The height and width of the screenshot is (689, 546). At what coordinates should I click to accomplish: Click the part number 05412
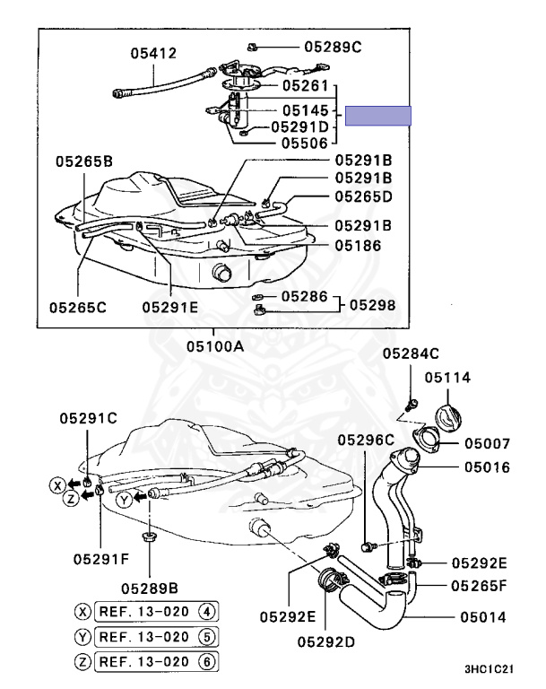[153, 54]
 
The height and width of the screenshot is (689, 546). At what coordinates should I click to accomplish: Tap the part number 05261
[308, 86]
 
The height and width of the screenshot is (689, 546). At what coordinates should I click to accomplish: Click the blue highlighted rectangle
[378, 116]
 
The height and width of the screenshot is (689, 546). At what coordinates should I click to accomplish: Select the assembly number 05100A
[214, 345]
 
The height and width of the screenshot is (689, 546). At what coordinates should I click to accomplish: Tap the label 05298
[372, 304]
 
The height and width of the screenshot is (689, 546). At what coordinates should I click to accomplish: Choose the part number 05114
[447, 378]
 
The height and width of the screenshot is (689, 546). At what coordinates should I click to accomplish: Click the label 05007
[487, 443]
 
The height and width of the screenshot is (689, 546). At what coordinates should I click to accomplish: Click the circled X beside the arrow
[56, 485]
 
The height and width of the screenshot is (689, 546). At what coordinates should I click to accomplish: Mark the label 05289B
[149, 588]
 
